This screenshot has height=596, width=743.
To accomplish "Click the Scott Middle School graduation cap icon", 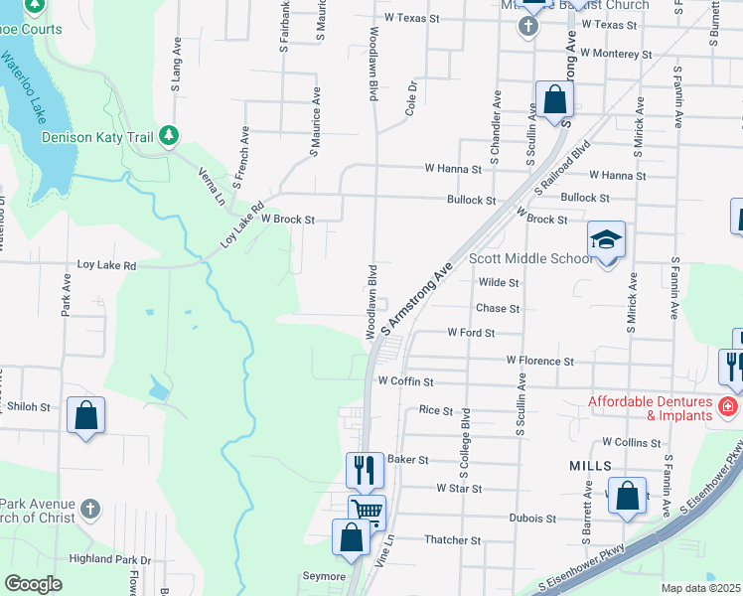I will [606, 240].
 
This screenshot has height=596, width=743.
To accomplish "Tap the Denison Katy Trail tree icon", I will [169, 136].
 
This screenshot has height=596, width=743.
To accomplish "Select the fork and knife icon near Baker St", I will [365, 469].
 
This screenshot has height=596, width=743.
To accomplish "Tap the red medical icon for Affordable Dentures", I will [727, 406].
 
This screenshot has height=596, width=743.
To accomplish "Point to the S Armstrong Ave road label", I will [409, 288].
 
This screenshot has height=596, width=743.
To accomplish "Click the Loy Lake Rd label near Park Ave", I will [106, 266].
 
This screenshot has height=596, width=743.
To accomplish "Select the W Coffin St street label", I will [405, 381].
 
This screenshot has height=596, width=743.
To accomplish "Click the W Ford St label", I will [471, 333].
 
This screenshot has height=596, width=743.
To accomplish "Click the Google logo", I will [33, 584].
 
